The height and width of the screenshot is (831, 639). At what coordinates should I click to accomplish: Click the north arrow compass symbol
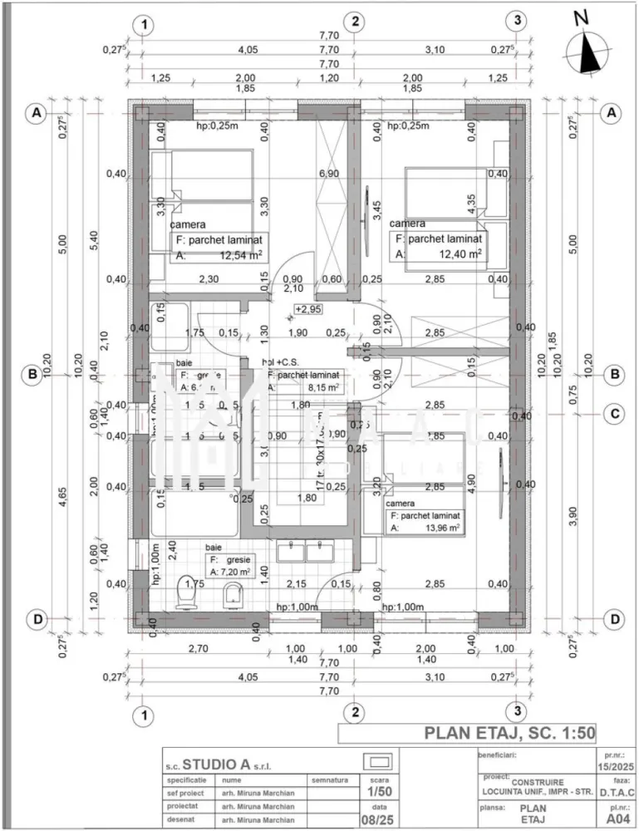click(588, 47)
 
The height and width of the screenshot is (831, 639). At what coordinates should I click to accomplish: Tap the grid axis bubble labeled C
click(614, 413)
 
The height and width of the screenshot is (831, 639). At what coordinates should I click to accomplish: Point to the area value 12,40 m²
click(461, 255)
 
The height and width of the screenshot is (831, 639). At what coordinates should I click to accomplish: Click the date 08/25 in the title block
click(378, 819)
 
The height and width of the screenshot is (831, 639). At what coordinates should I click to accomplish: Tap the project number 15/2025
click(617, 765)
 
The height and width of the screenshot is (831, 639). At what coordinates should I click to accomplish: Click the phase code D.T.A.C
click(617, 792)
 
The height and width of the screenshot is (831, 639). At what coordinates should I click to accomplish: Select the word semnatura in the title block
click(330, 780)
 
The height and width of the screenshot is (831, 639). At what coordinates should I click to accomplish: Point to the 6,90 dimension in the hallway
click(330, 174)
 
